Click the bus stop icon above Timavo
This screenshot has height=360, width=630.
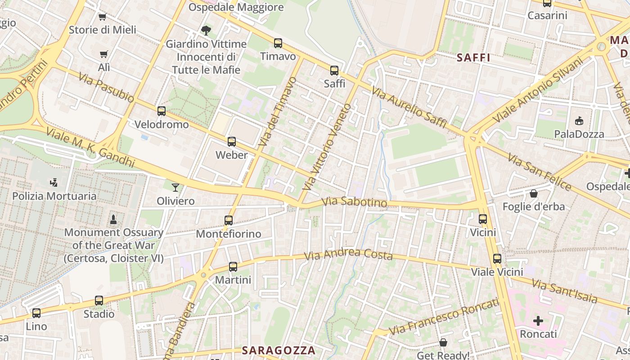pos(278,43)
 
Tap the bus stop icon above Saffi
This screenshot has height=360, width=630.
pos(334,71)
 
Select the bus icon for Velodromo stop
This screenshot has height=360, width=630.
pos(162,111)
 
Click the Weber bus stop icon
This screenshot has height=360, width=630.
pos(232,142)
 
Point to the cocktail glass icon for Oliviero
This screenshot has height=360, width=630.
pos(175,188)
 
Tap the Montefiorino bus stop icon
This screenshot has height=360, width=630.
pos(229,220)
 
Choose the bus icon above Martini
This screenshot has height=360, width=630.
pos(233,267)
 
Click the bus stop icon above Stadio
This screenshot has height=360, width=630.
pos(99,301)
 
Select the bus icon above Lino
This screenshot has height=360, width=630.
pos(36,313)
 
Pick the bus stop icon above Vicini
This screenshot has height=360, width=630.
pos(483,219)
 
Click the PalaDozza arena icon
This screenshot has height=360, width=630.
pos(579,121)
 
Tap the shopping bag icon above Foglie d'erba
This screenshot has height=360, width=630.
pos(534,193)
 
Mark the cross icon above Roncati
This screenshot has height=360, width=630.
pos(538,321)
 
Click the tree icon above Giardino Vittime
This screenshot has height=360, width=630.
pos(206,31)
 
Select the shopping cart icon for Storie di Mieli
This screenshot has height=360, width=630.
pos(103,17)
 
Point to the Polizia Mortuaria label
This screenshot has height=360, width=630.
pos(54,196)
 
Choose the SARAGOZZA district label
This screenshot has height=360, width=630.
pos(279,350)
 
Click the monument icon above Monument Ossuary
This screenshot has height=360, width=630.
pos(113,220)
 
